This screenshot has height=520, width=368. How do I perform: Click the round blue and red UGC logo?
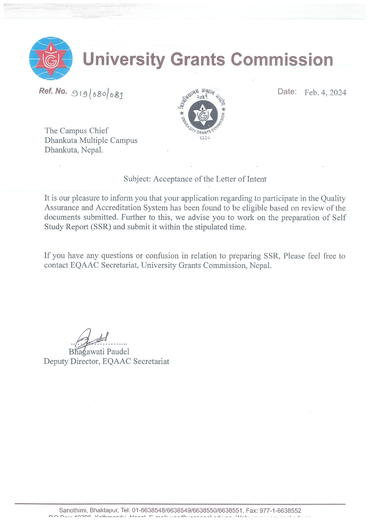[51, 59]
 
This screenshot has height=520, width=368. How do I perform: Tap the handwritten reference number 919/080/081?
[97, 94]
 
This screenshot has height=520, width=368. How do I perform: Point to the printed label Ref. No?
[53, 91]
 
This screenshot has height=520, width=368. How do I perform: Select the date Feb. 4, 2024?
[325, 93]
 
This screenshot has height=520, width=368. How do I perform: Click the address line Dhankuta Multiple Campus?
[91, 140]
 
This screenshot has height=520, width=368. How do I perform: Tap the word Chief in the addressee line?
[99, 131]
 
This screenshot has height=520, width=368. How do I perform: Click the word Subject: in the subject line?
[137, 179]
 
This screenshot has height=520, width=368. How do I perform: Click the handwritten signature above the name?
[90, 338]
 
